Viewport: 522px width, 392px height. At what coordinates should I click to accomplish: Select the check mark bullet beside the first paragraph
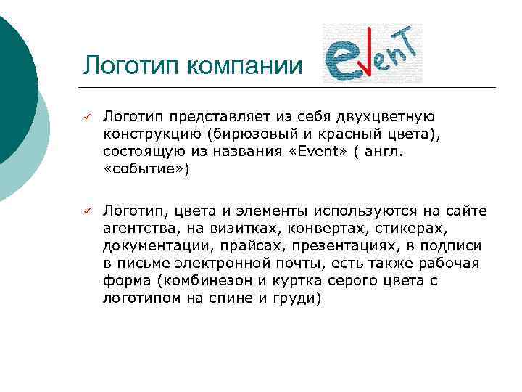click(85, 117)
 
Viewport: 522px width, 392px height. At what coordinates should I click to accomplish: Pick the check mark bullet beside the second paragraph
click(85, 211)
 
